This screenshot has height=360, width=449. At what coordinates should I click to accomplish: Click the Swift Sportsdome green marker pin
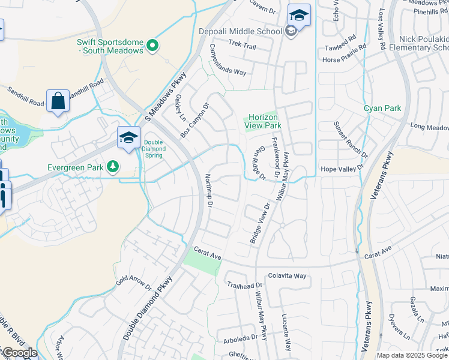point(152,44)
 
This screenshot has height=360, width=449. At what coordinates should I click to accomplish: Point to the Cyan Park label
point(382,109)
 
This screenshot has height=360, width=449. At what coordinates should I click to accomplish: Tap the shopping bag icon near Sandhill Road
point(58,102)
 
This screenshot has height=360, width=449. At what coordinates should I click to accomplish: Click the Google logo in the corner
point(19,353)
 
